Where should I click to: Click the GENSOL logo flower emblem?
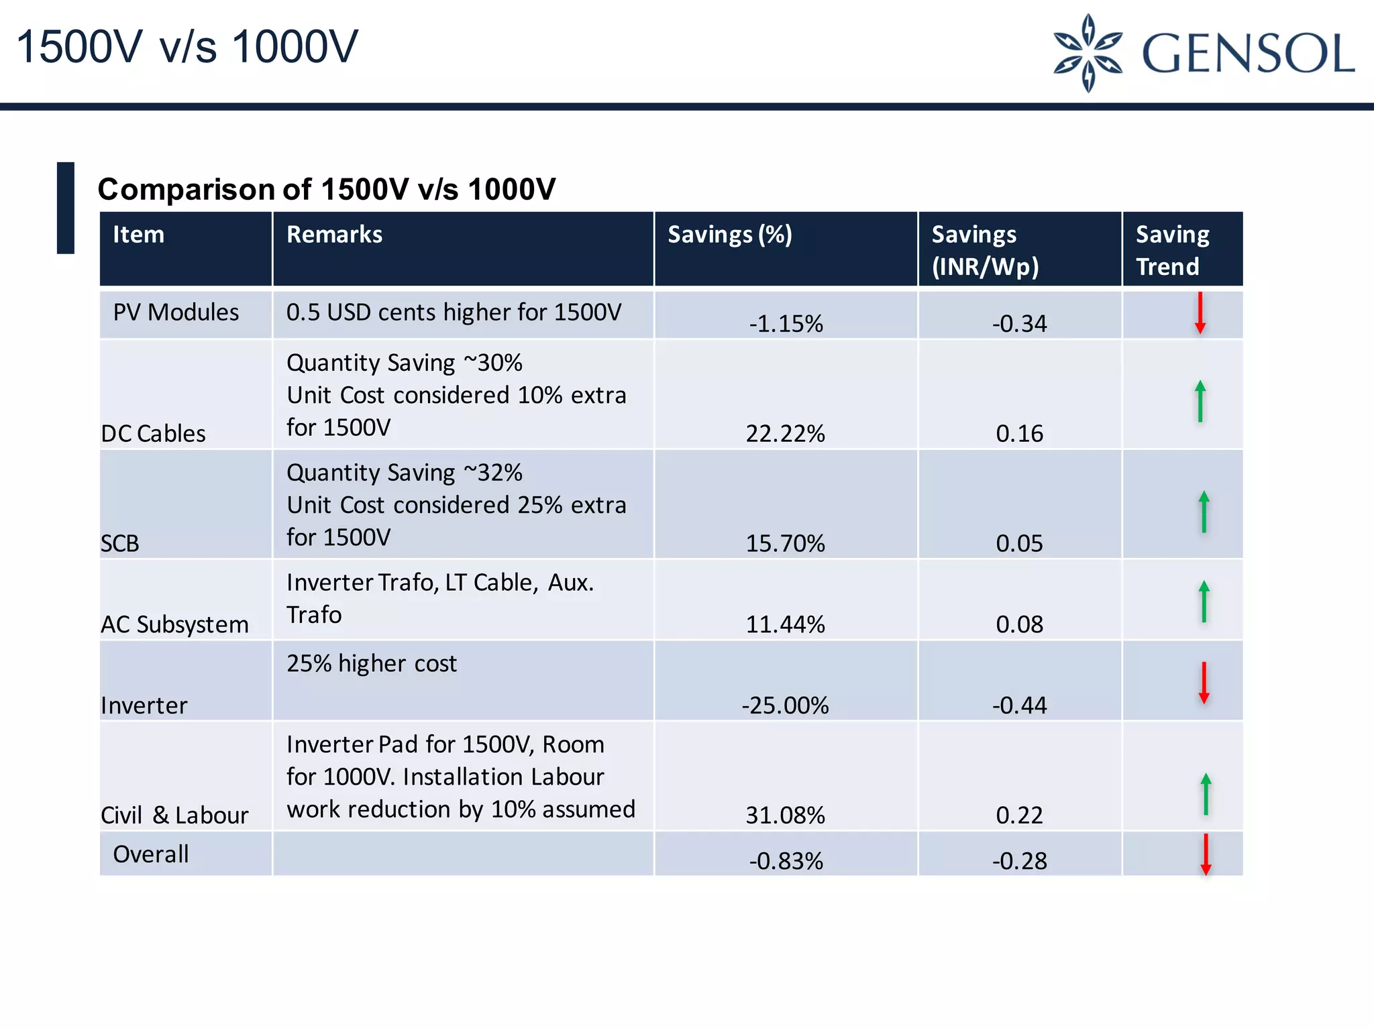[1088, 52]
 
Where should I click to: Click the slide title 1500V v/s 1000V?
[187, 47]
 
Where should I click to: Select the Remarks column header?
[334, 235]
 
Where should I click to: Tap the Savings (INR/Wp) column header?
[985, 250]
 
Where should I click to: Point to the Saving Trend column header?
[1172, 250]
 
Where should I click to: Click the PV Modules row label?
[176, 312]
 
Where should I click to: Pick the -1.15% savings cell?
[786, 324]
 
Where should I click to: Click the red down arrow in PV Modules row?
[1200, 312]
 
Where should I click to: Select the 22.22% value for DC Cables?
[785, 434]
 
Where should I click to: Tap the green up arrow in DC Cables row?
[1200, 401]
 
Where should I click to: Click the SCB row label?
[119, 543]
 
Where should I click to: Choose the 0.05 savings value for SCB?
[1019, 543]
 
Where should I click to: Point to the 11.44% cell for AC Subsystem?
[785, 624]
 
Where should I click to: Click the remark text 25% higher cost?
[372, 663]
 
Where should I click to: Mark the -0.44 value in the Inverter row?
[1019, 705]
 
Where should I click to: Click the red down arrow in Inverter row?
[1204, 683]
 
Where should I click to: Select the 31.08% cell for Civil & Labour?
[785, 815]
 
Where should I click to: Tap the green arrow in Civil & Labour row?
[1206, 794]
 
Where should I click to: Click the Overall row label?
[151, 854]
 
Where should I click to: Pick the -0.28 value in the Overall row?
[1019, 861]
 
